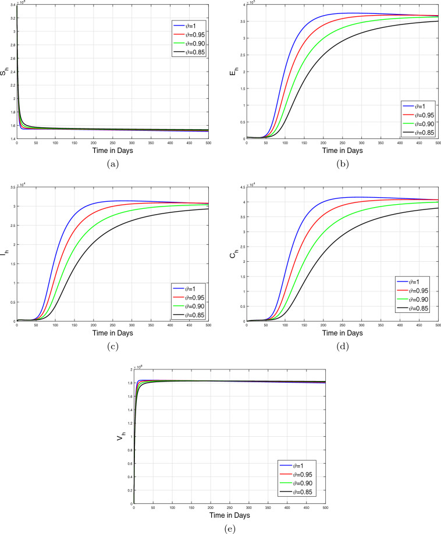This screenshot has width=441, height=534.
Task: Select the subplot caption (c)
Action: click(112, 347)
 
